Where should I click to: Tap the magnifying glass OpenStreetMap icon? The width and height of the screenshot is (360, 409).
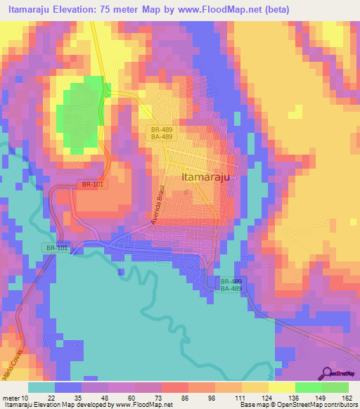point(327,373)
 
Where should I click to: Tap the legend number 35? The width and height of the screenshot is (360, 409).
point(72,398)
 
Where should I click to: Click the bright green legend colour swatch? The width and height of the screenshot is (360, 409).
point(308,387)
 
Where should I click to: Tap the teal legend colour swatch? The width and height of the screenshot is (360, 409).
point(41,387)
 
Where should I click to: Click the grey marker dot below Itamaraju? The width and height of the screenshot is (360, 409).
point(186,191)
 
